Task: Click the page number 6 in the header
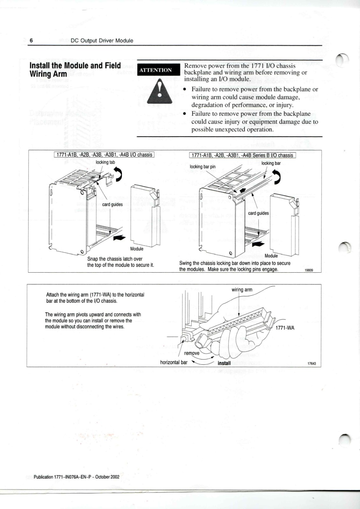[31, 41]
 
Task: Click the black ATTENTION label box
[156, 70]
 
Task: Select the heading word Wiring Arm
[48, 74]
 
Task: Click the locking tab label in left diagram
[105, 162]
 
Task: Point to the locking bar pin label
[202, 167]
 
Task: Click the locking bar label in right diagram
[271, 164]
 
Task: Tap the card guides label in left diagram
[112, 205]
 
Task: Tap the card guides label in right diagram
[258, 213]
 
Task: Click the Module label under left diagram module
[137, 249]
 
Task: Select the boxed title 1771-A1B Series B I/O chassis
[243, 155]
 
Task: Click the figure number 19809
[309, 270]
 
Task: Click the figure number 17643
[312, 364]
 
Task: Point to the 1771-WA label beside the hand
[285, 328]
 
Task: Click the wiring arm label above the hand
[242, 290]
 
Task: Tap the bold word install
[224, 363]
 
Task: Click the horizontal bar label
[174, 362]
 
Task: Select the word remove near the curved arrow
[192, 353]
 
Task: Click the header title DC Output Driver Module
[102, 41]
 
